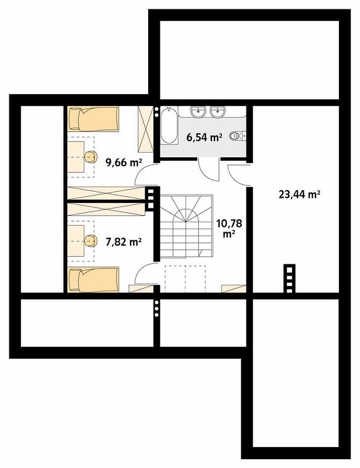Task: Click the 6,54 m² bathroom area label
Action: (x=204, y=137)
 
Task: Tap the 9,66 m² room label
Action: (x=124, y=162)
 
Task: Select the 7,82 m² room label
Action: (x=124, y=241)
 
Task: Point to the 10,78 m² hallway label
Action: (x=229, y=228)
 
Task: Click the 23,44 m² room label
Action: (x=299, y=195)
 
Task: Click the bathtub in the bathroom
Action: (x=169, y=125)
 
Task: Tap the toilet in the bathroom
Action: (x=238, y=136)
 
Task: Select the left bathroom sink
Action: (x=198, y=112)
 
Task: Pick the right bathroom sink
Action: (x=218, y=112)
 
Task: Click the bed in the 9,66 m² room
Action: (x=94, y=119)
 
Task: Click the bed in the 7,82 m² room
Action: (x=94, y=279)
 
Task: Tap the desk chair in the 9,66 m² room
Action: (x=91, y=157)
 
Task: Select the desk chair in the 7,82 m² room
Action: (x=91, y=240)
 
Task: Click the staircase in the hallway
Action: (x=186, y=226)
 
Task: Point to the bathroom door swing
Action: (x=208, y=170)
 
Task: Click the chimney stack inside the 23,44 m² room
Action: (x=289, y=279)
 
